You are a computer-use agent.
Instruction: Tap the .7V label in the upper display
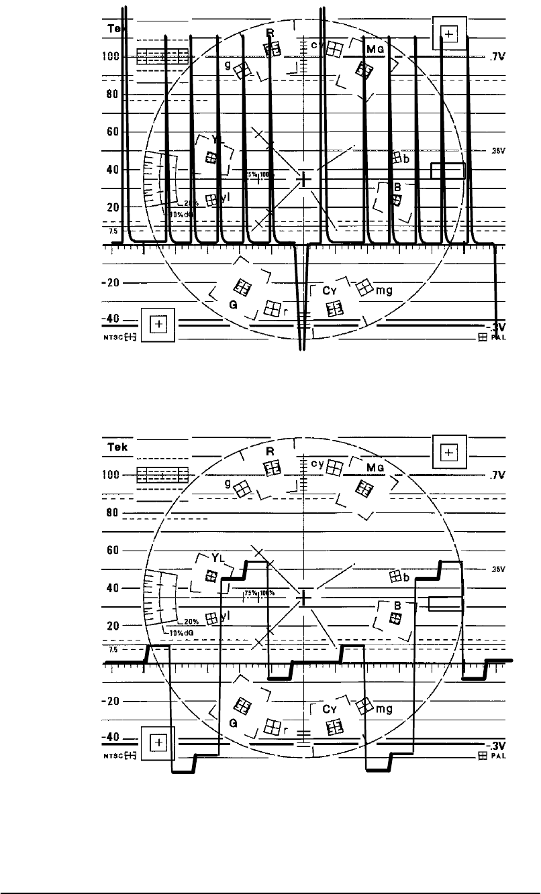click(x=497, y=58)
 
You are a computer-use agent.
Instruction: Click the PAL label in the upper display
click(x=497, y=338)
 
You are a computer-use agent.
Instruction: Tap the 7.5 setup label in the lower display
click(x=113, y=650)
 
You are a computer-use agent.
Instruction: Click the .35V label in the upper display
click(x=497, y=151)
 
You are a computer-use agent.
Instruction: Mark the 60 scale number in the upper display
click(x=112, y=132)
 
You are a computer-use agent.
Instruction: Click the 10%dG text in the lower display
click(x=175, y=631)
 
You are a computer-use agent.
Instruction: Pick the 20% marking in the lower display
click(x=189, y=620)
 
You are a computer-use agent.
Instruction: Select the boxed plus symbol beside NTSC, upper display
click(x=158, y=325)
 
